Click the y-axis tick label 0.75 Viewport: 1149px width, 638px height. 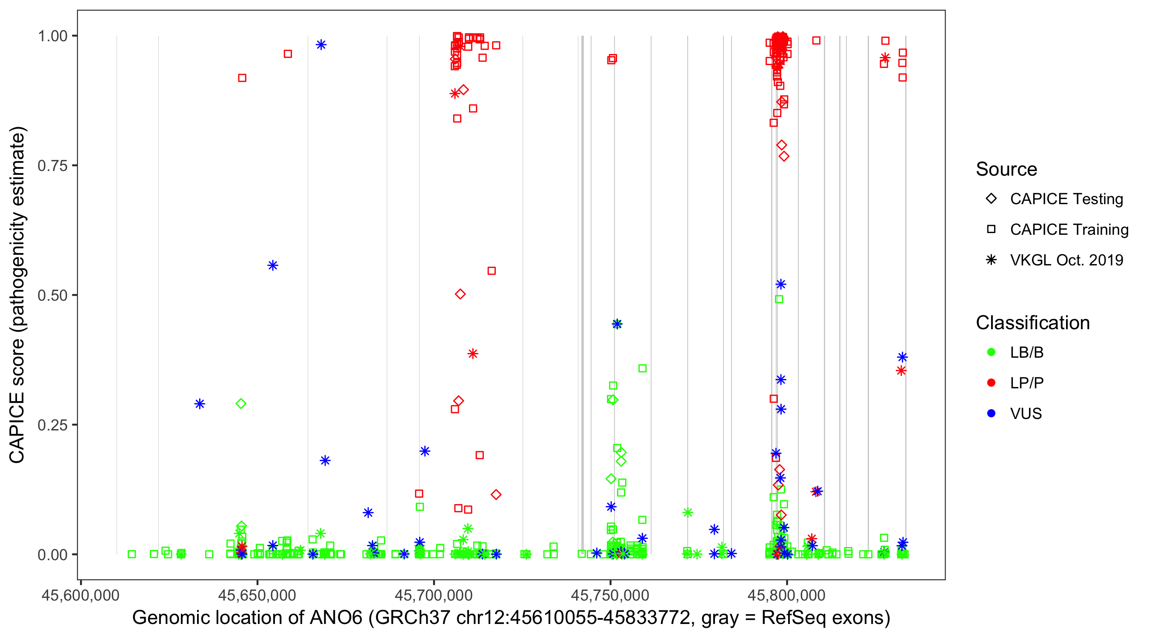pos(52,165)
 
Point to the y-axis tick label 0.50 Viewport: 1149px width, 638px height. pos(52,295)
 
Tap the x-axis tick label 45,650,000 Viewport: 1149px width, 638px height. pos(257,595)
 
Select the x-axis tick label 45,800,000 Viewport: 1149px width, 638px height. pos(786,595)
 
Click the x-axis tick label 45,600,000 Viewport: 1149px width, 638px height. pos(80,595)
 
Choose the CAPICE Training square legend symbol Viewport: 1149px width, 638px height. pos(991,229)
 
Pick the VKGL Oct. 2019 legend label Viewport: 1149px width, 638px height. pos(1066,260)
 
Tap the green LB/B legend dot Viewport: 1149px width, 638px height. pos(991,352)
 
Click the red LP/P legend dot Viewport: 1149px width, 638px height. pos(991,383)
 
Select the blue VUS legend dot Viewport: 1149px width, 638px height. pos(991,413)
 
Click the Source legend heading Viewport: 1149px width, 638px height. pos(1006,169)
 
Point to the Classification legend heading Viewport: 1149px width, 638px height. pos(1032,323)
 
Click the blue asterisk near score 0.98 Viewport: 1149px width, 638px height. pos(321,45)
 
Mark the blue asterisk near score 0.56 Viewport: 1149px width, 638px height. pos(273,266)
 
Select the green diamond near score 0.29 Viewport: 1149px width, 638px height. pos(241,404)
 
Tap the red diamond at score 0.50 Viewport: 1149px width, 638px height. pos(460,294)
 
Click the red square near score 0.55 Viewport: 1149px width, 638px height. pos(492,271)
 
